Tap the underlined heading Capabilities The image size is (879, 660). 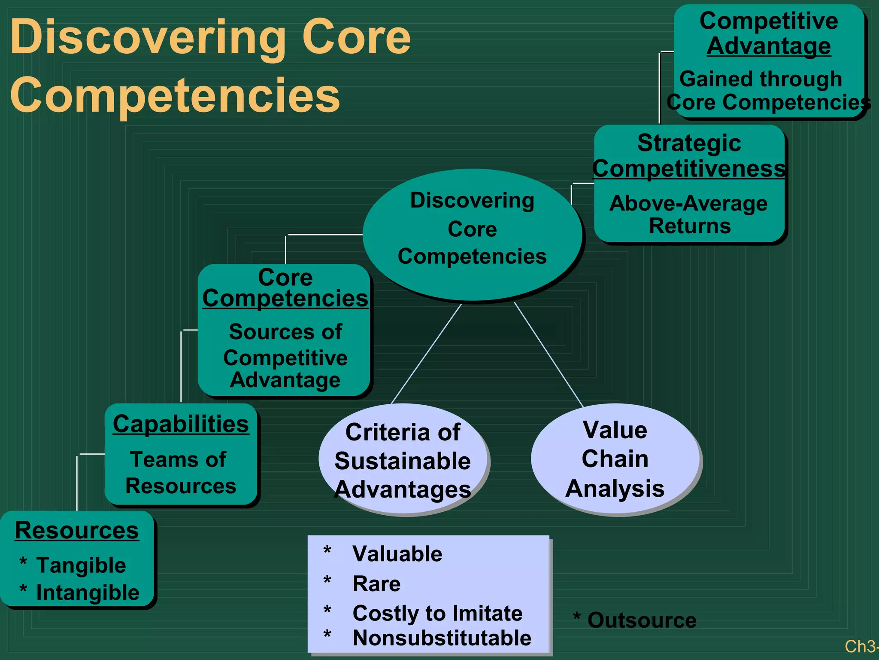tap(181, 424)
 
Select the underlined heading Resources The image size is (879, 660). tap(77, 530)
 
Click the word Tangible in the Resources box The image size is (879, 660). tap(81, 565)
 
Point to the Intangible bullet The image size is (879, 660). tap(88, 593)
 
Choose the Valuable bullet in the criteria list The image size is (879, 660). tap(397, 554)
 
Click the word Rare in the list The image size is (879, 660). tap(376, 584)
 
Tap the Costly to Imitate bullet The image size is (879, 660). tap(437, 613)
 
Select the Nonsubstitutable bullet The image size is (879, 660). tap(442, 638)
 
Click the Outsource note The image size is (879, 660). tap(641, 620)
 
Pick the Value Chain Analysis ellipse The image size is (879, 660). tap(615, 459)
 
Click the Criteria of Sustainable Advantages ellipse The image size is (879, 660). tap(403, 461)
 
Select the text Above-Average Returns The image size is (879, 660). tap(689, 214)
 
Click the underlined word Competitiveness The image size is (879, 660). tap(689, 168)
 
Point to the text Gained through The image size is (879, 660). tap(761, 79)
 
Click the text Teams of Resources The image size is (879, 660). tap(180, 473)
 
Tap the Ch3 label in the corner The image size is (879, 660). tap(860, 646)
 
